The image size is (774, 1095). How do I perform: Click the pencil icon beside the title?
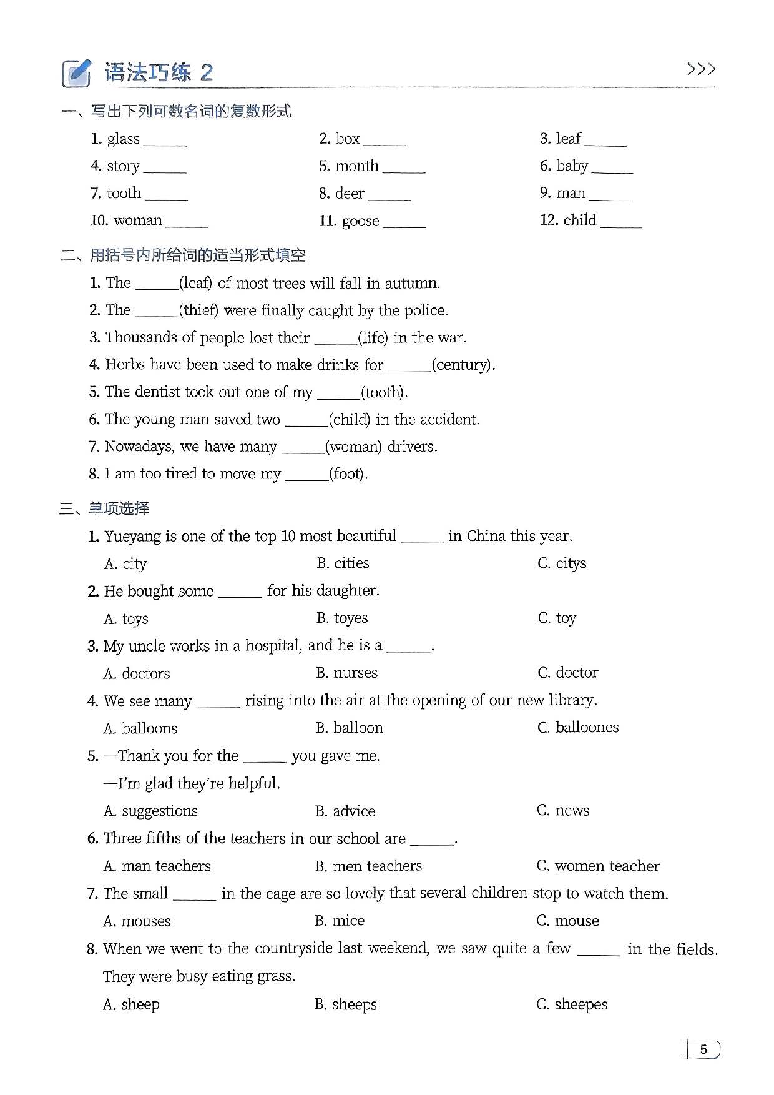[x=76, y=73]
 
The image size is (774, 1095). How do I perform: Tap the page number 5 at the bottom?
[x=703, y=1049]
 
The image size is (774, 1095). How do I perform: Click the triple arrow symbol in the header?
[x=700, y=69]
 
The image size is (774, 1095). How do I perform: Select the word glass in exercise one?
[x=123, y=139]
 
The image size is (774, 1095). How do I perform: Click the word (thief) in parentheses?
[x=198, y=310]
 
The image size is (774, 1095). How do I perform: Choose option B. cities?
[x=343, y=563]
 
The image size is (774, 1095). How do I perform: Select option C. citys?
[x=562, y=563]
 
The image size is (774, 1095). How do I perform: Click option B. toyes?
[x=342, y=618]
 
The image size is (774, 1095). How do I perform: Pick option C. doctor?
[x=567, y=673]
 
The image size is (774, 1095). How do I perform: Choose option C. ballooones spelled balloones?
[x=578, y=728]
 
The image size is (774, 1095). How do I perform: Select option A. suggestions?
[x=150, y=811]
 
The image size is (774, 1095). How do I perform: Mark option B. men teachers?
[x=368, y=866]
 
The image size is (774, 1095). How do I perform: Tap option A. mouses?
[x=137, y=921]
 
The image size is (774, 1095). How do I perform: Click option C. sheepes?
[x=572, y=1004]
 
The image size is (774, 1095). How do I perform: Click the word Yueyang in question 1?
[x=133, y=537]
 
